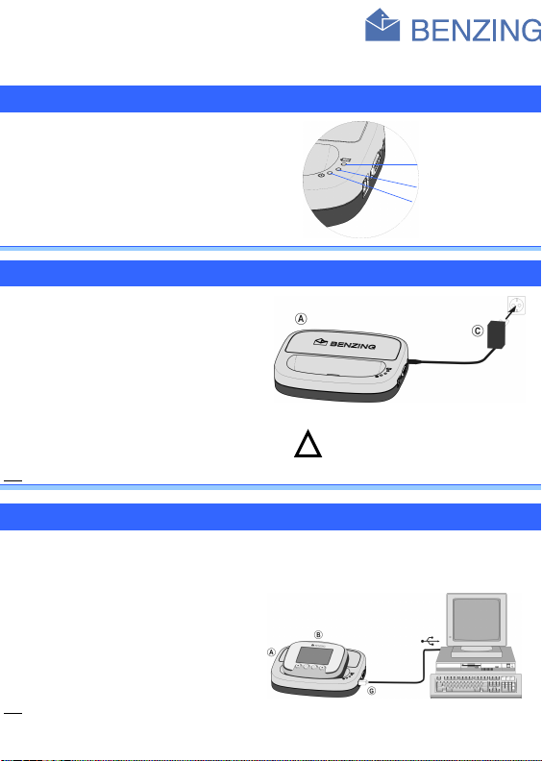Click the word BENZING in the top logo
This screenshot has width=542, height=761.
476,30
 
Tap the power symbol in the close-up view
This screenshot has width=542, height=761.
321,175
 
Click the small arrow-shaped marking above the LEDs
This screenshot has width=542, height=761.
346,160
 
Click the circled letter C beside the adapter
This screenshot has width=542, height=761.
478,331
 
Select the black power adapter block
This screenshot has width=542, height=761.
497,334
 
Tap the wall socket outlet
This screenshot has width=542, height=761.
516,306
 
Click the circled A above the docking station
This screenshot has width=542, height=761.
302,319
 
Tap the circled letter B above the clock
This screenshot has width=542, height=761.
318,634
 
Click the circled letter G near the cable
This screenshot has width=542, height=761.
372,691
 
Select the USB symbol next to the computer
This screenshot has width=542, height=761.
430,642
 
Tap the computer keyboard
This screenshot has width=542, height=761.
476,686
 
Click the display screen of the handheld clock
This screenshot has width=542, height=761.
311,655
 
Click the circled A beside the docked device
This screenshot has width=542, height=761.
271,652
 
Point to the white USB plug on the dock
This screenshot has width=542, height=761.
363,683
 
